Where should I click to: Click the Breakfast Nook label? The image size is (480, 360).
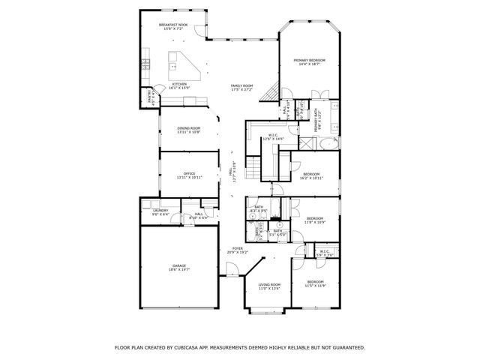tap(173, 25)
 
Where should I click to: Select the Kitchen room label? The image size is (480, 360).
tap(179, 83)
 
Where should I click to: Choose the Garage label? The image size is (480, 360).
tap(179, 265)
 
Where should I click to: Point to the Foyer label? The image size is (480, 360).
tap(237, 248)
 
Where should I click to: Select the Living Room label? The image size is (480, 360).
tap(269, 284)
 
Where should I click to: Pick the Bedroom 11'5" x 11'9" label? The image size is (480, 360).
tap(315, 284)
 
